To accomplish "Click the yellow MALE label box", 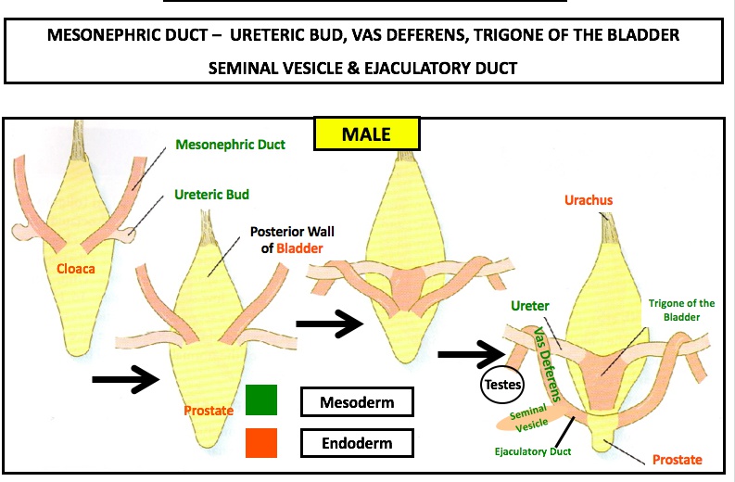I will click(x=366, y=133).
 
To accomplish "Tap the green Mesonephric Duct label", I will click(x=229, y=145).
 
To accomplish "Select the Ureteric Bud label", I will click(x=212, y=195).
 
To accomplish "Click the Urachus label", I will click(x=589, y=199).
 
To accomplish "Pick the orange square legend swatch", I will click(x=262, y=442).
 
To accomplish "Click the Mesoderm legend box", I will click(x=356, y=403).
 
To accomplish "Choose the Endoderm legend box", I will click(x=356, y=443).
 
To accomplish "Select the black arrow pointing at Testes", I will click(x=470, y=353).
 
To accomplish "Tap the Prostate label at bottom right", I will click(x=676, y=460).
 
